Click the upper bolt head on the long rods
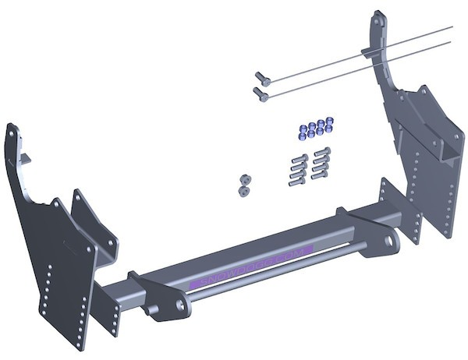click(261, 76)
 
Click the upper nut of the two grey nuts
click(244, 178)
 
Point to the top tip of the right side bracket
click(378, 13)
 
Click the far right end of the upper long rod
click(451, 28)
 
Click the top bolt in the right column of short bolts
click(322, 151)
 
